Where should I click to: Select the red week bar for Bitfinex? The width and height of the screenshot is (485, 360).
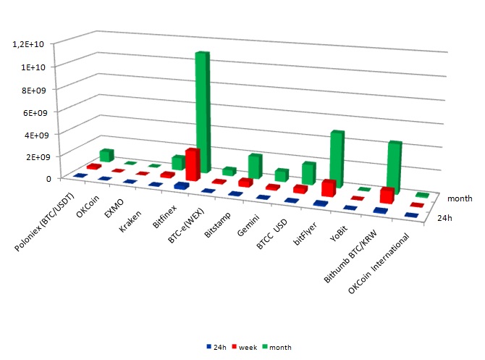point(192,165)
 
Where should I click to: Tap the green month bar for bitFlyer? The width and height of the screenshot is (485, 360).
point(337,159)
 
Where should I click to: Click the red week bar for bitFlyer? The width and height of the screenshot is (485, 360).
point(329,188)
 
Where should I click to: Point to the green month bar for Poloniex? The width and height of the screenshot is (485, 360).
point(106,155)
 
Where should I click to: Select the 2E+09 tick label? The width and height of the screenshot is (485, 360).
point(35,156)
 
